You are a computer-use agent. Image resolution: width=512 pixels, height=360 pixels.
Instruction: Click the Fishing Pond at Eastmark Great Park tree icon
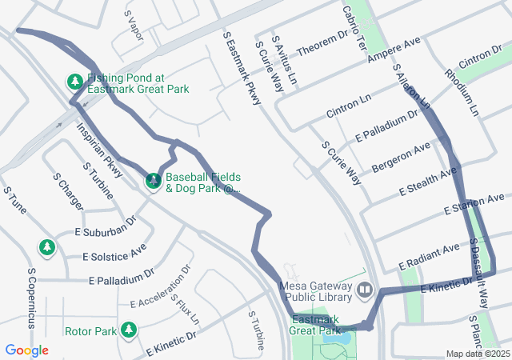pos(74,82)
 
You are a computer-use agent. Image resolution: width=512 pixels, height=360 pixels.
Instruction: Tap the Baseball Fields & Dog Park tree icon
pos(153,181)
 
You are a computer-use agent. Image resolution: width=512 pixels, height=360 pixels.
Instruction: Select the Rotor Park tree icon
pos(128,330)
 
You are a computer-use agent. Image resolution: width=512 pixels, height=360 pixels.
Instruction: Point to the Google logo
pos(27,350)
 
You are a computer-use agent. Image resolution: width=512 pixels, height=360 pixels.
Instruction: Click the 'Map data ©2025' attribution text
pos(477,354)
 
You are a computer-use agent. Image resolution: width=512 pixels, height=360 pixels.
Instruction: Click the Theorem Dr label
pos(323,46)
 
